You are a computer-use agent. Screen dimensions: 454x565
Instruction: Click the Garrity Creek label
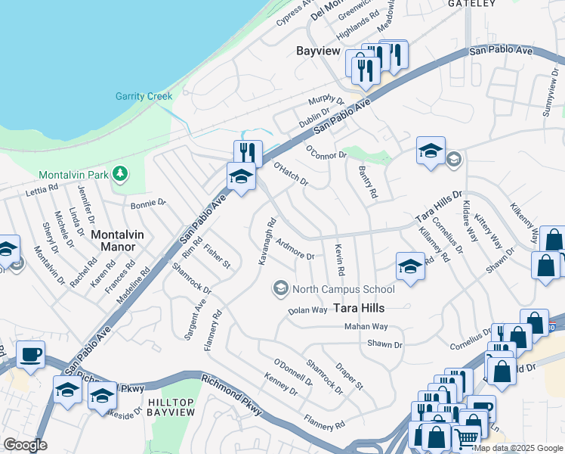point(144,96)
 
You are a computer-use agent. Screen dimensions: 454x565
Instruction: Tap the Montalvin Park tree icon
point(119,175)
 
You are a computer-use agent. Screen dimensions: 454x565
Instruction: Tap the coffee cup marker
point(30,355)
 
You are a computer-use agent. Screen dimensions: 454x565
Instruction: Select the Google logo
point(25,444)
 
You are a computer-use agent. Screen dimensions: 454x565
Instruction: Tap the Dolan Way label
point(307,310)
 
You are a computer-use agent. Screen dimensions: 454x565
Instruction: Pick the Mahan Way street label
point(366,326)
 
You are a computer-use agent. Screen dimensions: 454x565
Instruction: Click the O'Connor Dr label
point(326,151)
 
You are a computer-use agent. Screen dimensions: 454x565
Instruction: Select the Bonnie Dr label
point(148,204)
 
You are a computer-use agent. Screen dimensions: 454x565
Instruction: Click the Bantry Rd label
point(367,182)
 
